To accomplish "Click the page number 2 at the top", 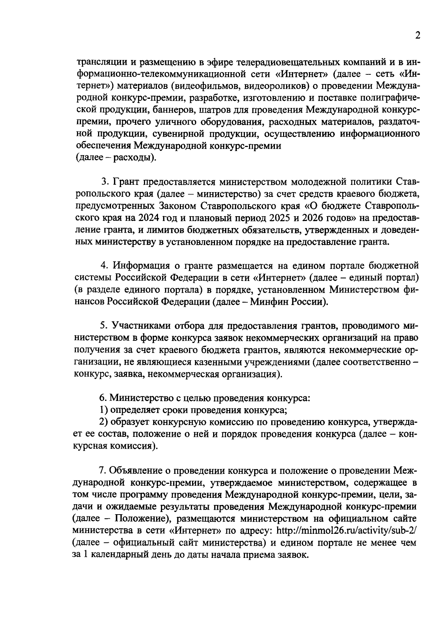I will point(417,36).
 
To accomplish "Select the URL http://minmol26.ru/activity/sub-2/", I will point(347,530).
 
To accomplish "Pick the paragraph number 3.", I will point(104,182).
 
